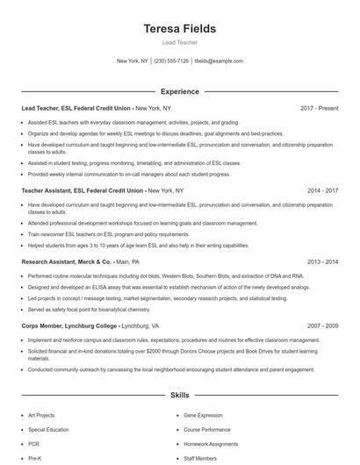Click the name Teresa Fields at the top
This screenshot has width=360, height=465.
(x=179, y=29)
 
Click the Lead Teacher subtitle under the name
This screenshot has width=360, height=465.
(x=179, y=42)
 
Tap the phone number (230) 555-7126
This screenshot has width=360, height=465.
(x=171, y=61)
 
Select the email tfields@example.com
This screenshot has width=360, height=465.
(x=219, y=61)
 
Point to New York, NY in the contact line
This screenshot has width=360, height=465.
(x=133, y=61)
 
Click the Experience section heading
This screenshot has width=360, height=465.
(x=179, y=91)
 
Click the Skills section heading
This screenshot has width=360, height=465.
(x=179, y=397)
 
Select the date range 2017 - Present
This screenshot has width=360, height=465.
(x=319, y=108)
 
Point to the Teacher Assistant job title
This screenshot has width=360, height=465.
(x=83, y=190)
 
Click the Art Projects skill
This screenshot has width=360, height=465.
(x=41, y=416)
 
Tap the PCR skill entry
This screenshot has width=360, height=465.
(x=33, y=444)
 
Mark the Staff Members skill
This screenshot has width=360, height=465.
(x=200, y=458)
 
